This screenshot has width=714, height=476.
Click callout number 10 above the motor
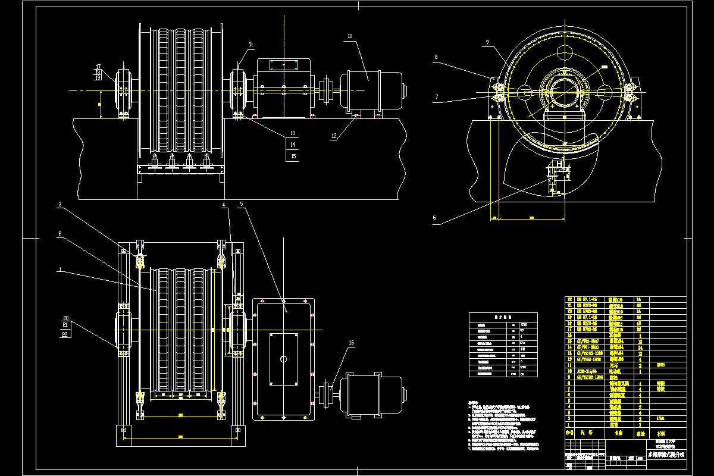(350, 36)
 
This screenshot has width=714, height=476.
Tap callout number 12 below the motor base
(334, 136)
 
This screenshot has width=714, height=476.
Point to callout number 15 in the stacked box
(292, 156)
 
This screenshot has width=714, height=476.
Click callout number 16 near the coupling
(351, 343)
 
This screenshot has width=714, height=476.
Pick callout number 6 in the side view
(434, 218)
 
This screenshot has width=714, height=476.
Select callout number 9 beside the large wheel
(487, 43)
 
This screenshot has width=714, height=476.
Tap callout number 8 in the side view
(436, 57)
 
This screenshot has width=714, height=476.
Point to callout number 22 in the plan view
(64, 334)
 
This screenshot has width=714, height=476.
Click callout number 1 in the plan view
(59, 270)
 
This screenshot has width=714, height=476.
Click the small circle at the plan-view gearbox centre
(283, 359)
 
